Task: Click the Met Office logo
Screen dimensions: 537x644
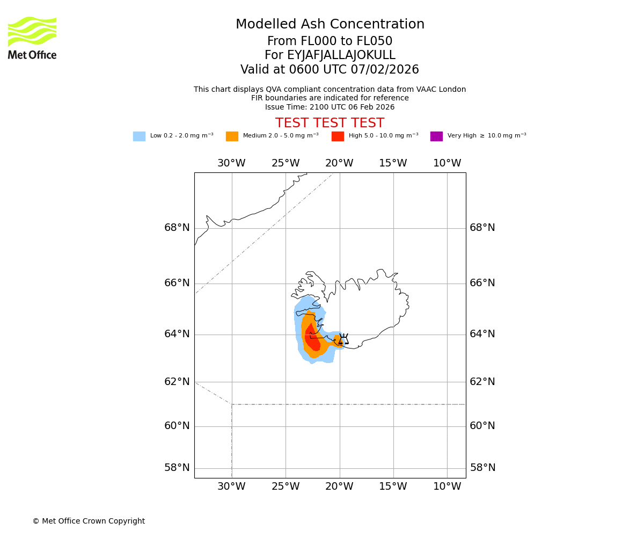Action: (32, 38)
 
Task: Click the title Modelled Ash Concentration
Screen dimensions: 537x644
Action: (330, 25)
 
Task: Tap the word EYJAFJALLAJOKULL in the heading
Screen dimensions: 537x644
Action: (341, 55)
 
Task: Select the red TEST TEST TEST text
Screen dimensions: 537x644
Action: (330, 123)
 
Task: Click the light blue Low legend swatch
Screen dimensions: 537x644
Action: (139, 136)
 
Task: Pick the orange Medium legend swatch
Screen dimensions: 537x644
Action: (232, 136)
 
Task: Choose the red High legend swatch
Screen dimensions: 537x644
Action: (338, 136)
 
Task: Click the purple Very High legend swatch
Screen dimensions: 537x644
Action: (436, 136)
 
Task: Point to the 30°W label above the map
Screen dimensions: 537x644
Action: (231, 163)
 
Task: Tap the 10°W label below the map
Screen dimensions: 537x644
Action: (447, 487)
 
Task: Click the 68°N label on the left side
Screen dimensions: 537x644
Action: (177, 228)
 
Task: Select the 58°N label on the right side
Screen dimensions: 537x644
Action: (482, 468)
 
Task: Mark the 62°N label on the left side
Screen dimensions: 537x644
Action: (177, 382)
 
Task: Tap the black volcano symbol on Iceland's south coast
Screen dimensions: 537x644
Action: (343, 339)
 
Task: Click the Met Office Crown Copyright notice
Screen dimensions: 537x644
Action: (89, 521)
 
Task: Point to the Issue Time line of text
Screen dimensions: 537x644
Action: (330, 107)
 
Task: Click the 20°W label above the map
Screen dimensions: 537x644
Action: (339, 163)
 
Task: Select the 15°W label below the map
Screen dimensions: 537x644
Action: (393, 487)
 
